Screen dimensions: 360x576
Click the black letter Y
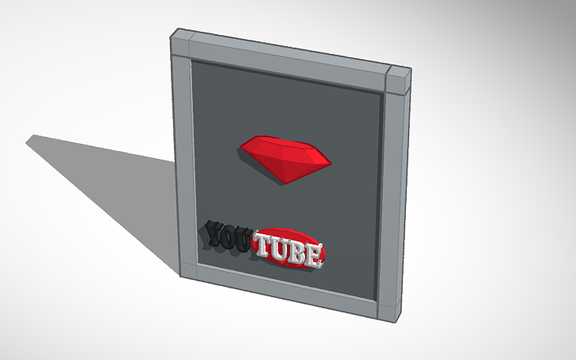215,233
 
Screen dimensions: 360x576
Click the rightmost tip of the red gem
329,163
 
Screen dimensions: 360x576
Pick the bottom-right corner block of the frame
389,311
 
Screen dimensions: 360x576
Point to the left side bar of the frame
184,159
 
